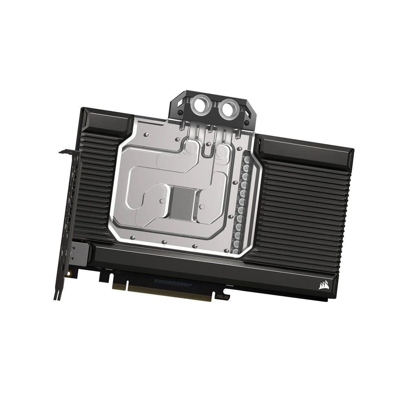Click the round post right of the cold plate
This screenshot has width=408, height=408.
click(203, 205)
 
